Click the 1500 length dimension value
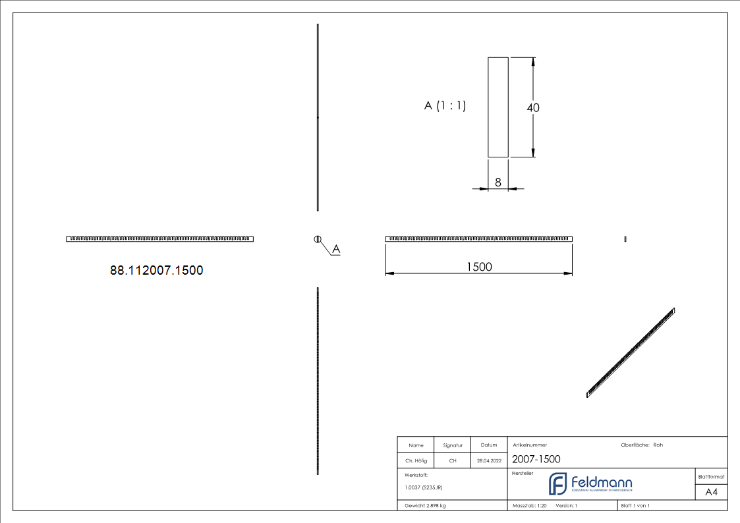point(479,266)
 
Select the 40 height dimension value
point(532,107)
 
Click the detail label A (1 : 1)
point(445,105)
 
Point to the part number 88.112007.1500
point(156,270)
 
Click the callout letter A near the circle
point(335,249)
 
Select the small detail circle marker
point(317,238)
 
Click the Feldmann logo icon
point(557,483)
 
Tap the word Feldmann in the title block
point(602,482)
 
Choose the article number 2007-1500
point(536,459)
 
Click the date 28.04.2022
point(489,461)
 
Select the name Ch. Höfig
point(416,461)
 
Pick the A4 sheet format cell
point(712,492)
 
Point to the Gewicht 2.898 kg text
point(425,506)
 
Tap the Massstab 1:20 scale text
point(530,506)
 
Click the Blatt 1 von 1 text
point(635,506)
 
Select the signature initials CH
point(453,461)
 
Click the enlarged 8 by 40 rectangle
point(498,107)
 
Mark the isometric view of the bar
point(631,352)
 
